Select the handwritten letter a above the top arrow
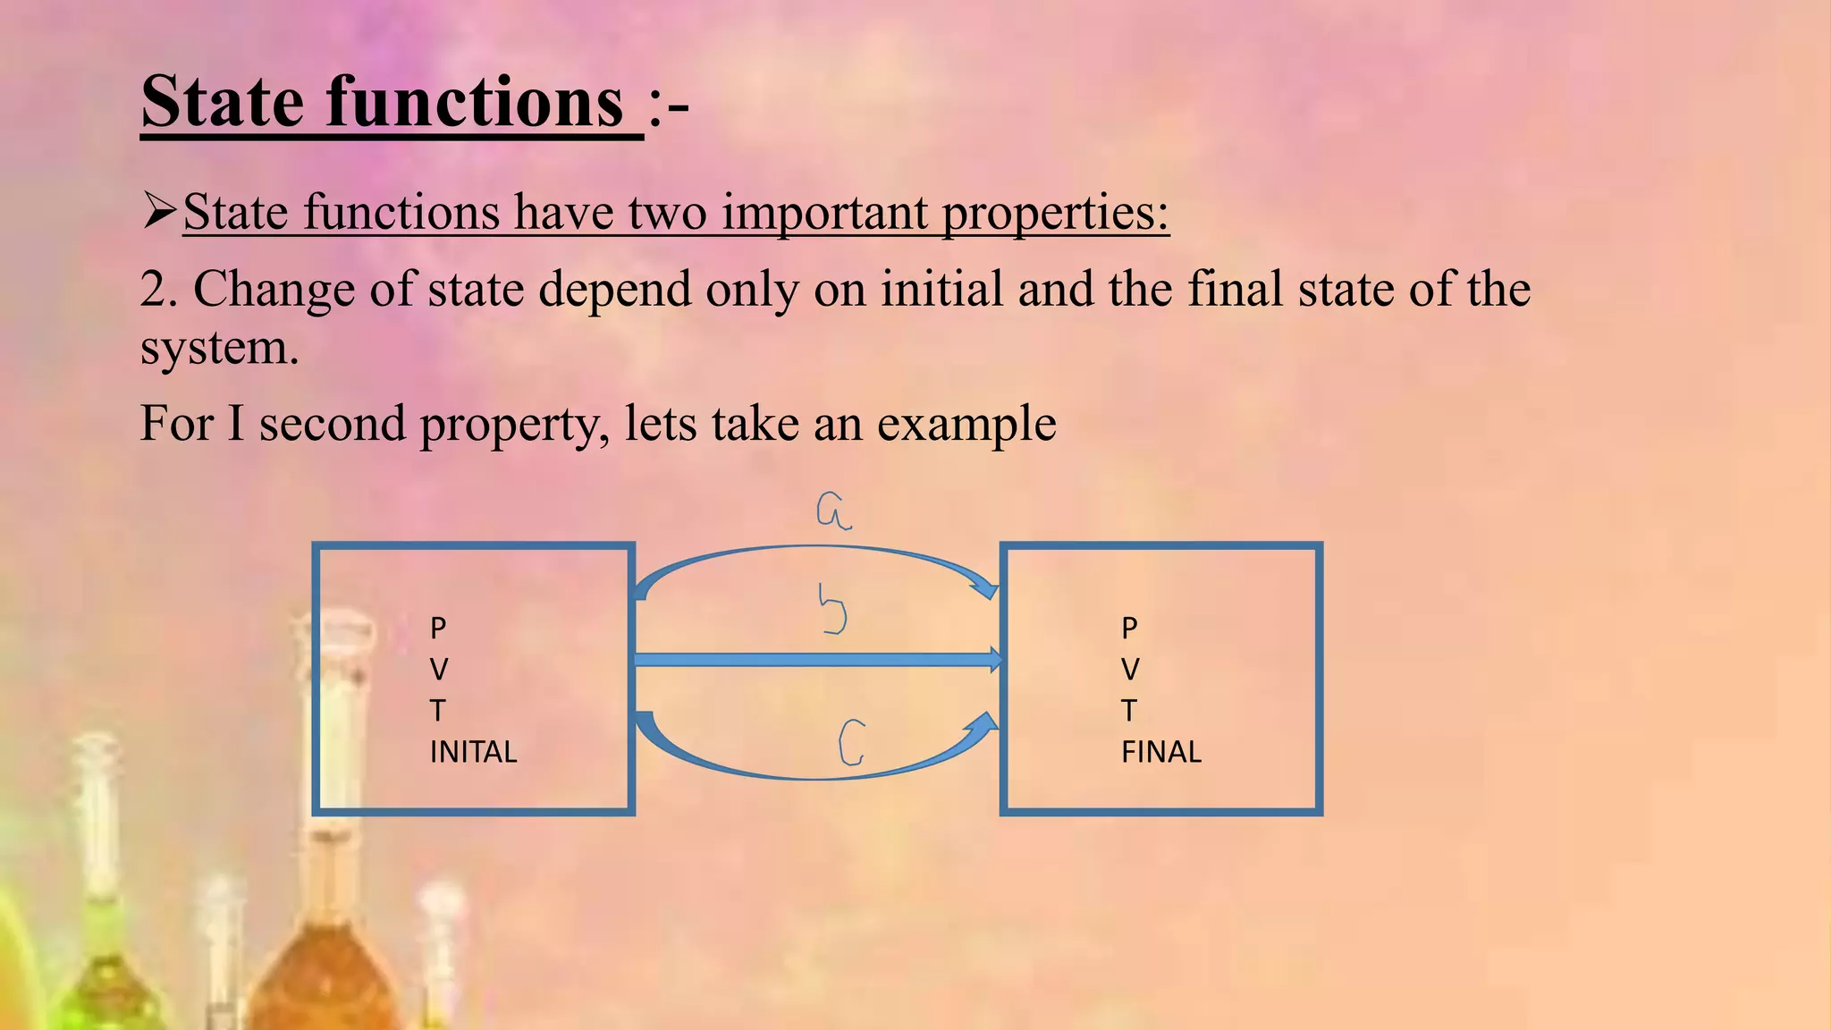coord(833,511)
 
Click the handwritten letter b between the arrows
coord(832,609)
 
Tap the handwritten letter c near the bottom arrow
coord(851,744)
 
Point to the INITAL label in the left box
coord(473,752)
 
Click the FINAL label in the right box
coord(1161,752)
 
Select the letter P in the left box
coord(438,629)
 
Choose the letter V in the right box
coord(1130,670)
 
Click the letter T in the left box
coord(437,711)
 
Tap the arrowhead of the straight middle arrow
coord(995,661)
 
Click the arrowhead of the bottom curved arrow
coord(984,723)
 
